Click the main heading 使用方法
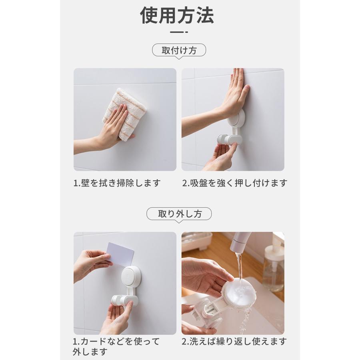coord(177,16)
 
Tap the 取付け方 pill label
coord(179,51)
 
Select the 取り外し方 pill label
coord(179,214)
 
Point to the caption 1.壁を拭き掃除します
coord(117,183)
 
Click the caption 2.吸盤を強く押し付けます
coord(235,183)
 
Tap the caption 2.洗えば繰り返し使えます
coord(234,342)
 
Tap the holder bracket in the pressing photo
coord(229,139)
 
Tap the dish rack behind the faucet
coord(200,242)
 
